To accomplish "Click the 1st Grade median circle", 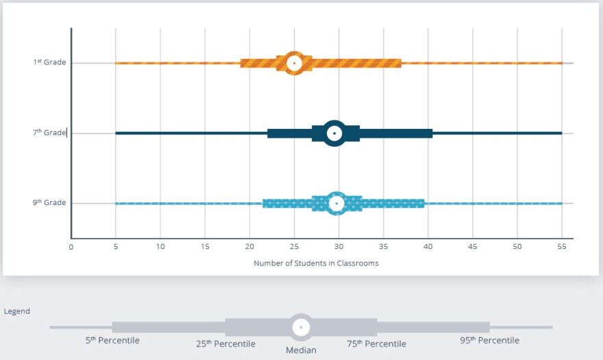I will point(294,63).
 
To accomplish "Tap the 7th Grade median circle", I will point(334,133).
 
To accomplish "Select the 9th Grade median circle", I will point(336,203).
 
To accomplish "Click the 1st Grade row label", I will point(50,62).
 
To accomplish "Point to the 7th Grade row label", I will point(50,132).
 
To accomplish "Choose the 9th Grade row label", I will point(50,203).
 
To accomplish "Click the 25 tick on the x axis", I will point(294,247).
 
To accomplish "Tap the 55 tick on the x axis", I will point(562,247).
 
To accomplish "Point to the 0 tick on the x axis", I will point(71,247).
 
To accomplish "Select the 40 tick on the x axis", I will point(428,247).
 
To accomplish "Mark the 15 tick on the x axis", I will point(205,247).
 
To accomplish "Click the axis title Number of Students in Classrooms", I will point(316,263).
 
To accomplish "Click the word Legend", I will point(17,311).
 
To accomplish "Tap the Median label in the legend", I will point(301,350).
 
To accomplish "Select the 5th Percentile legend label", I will point(112,340).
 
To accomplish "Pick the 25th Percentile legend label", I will point(225,344).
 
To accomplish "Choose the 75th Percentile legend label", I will point(376,344).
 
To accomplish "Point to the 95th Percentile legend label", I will point(489,340).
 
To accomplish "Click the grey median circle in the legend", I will point(301,327).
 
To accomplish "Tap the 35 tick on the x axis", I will point(384,247).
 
